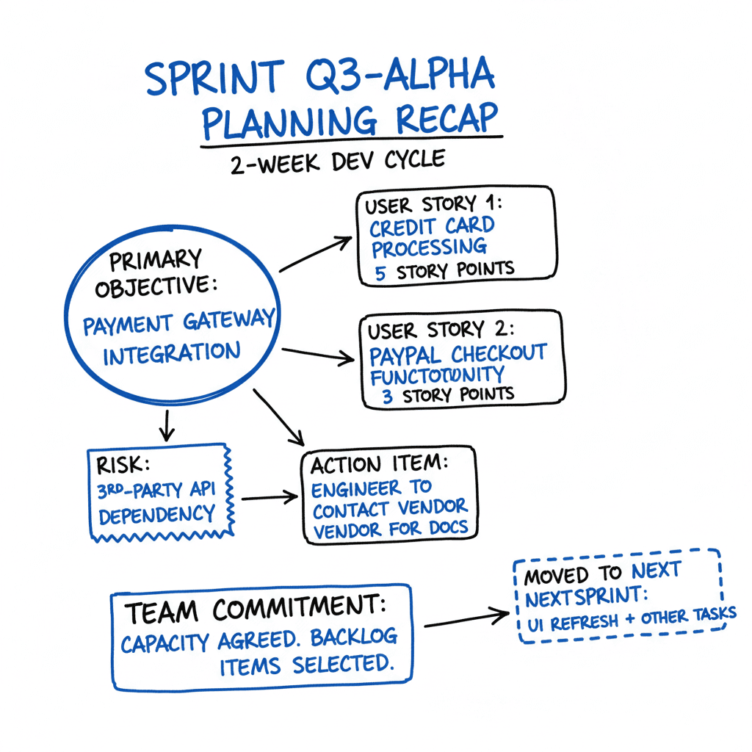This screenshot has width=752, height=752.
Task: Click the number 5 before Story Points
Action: click(380, 272)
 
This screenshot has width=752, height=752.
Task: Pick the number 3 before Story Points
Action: click(388, 394)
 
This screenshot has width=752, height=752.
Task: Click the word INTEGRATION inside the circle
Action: click(171, 354)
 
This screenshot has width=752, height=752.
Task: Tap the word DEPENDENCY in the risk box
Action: click(156, 515)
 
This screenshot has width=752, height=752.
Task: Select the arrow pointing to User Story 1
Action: click(316, 253)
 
